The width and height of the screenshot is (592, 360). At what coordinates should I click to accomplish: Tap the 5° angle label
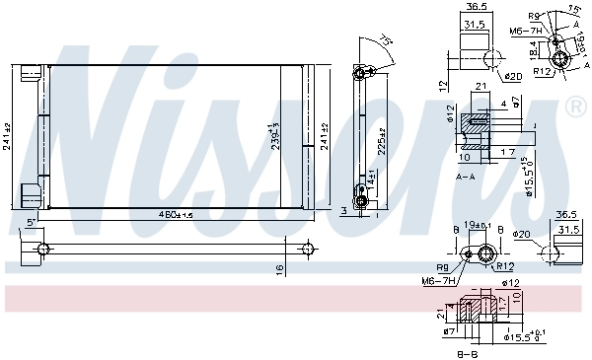point(32,223)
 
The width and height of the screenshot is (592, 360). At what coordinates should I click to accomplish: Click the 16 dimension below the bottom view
point(279,268)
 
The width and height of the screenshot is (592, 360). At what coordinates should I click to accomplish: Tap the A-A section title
point(466,174)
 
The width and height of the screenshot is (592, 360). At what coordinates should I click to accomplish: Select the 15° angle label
point(576,12)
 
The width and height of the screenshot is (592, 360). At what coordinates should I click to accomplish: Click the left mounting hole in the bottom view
point(44,248)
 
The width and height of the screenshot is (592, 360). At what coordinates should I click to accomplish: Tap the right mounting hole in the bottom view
point(308,248)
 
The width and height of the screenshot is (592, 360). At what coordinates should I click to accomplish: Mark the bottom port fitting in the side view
point(361,201)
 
